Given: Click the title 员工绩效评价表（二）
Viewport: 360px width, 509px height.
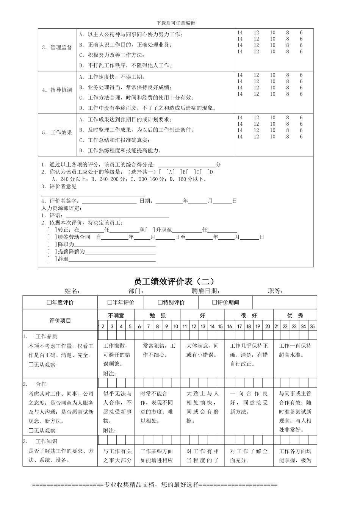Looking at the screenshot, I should pyautogui.click(x=174, y=281).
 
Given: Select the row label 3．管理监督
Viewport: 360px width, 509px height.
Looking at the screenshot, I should pyautogui.click(x=57, y=47).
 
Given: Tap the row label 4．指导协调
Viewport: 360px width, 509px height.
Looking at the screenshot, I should pyautogui.click(x=57, y=90).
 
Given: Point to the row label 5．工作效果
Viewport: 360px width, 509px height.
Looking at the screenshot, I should pyautogui.click(x=57, y=133).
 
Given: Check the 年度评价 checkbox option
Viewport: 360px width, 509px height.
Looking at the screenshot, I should pyautogui.click(x=49, y=303).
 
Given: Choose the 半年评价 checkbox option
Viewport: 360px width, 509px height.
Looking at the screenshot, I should pyautogui.click(x=110, y=303).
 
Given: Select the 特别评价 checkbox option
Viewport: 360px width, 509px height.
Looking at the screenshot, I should pyautogui.click(x=160, y=303).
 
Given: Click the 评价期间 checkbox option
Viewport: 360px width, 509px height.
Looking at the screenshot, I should pyautogui.click(x=214, y=303).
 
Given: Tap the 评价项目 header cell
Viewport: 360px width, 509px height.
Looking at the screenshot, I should pyautogui.click(x=60, y=320).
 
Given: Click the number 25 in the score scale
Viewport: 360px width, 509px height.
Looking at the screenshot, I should pyautogui.click(x=312, y=326).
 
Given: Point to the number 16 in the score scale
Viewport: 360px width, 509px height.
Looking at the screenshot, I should pyautogui.click(x=230, y=326).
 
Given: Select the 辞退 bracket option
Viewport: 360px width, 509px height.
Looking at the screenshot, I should pyautogui.click(x=50, y=259).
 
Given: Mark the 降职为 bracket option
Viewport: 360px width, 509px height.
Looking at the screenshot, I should pyautogui.click(x=50, y=244).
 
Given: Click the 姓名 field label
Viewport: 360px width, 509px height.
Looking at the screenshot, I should pyautogui.click(x=72, y=291).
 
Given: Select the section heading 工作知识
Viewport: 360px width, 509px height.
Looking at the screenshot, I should pyautogui.click(x=46, y=442).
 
